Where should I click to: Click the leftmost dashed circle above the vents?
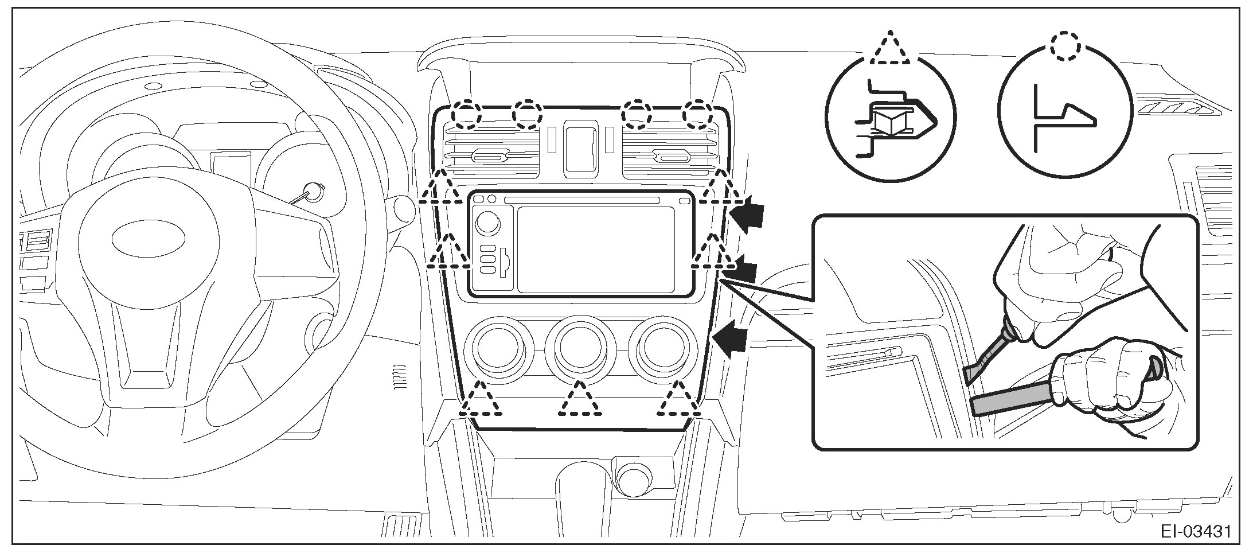click(465, 115)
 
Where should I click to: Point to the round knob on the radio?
click(487, 222)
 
